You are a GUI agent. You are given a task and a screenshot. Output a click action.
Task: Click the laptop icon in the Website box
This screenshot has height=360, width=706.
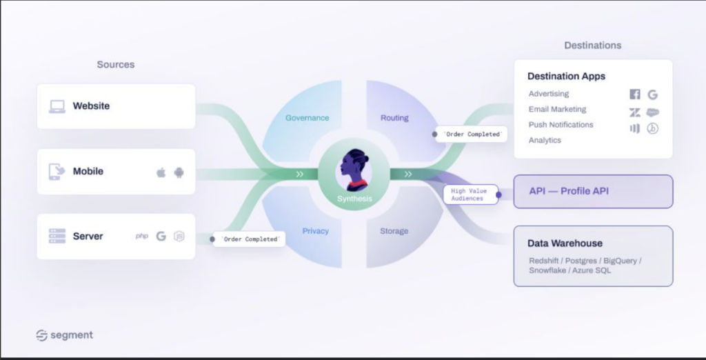(x=57, y=106)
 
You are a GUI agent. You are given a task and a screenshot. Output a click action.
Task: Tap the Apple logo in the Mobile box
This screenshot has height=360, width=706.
(x=161, y=172)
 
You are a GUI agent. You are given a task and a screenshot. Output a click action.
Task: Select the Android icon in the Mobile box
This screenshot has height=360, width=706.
(x=179, y=172)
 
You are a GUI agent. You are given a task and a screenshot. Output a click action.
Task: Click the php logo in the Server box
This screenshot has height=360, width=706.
(x=142, y=236)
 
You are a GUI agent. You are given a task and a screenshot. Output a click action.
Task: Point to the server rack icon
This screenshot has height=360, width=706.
(x=57, y=236)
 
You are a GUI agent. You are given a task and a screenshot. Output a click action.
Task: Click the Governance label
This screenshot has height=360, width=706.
(x=307, y=118)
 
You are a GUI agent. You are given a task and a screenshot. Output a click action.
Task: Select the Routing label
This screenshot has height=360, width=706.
(x=394, y=118)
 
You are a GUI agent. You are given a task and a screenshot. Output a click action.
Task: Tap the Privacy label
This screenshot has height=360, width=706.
(x=315, y=231)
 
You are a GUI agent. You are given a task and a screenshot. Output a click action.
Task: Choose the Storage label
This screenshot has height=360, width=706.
(x=394, y=231)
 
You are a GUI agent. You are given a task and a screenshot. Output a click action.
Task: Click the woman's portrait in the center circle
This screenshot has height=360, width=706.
(x=354, y=170)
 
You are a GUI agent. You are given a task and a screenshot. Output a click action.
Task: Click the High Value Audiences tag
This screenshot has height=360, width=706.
(x=470, y=194)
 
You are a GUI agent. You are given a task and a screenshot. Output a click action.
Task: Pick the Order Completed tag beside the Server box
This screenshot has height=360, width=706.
(x=249, y=239)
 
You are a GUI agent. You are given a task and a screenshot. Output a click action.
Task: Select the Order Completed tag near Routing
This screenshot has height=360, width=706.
(x=472, y=134)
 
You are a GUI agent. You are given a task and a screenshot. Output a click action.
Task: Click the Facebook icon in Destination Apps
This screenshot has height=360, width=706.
(x=635, y=94)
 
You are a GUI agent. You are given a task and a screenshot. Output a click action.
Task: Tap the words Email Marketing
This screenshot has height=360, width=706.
(x=557, y=110)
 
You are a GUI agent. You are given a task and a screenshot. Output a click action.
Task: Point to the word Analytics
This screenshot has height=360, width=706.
(x=545, y=140)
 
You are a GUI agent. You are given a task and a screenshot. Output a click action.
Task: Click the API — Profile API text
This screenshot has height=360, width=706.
(x=569, y=191)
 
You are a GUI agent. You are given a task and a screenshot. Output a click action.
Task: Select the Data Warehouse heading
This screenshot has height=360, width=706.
(x=565, y=243)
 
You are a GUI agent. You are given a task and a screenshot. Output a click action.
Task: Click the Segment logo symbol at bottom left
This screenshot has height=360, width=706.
(x=42, y=336)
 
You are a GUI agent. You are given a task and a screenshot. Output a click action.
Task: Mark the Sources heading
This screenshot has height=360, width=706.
(x=116, y=64)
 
